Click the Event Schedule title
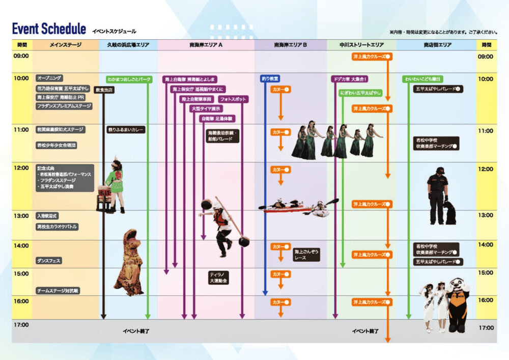[x=49, y=29]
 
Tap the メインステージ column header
[x=65, y=45]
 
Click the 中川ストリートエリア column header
[x=361, y=45]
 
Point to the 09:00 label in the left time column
[x=22, y=56]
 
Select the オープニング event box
[x=49, y=78]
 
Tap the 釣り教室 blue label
[x=270, y=79]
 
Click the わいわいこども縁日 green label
[x=422, y=79]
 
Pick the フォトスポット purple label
[x=233, y=99]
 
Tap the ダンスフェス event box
[x=49, y=260]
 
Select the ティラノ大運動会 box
[x=218, y=278]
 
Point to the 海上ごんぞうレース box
[x=306, y=255]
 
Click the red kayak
[x=288, y=209]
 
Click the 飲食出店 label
[x=104, y=90]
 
